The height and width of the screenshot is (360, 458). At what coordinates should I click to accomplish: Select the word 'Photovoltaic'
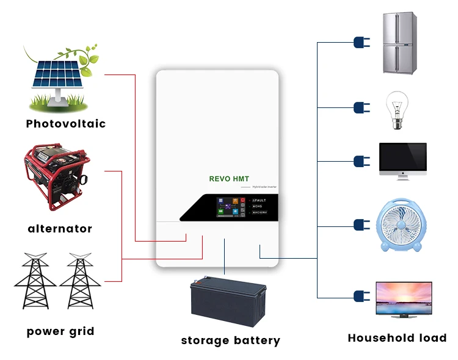coord(66,124)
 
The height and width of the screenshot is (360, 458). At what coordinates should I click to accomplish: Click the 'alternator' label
coord(60,229)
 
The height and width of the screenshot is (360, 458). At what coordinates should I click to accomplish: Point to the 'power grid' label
coord(60,332)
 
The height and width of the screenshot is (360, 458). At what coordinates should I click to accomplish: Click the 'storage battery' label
coord(230,340)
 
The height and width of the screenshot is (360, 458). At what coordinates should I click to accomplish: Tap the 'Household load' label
coord(397,337)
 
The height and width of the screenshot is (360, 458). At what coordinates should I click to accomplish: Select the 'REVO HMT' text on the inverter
coord(229,179)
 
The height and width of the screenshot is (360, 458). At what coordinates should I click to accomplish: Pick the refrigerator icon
coord(399,43)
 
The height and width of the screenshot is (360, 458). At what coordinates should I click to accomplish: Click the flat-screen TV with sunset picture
coord(403,299)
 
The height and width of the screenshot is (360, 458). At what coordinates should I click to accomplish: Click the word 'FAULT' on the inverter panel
coord(260,200)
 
